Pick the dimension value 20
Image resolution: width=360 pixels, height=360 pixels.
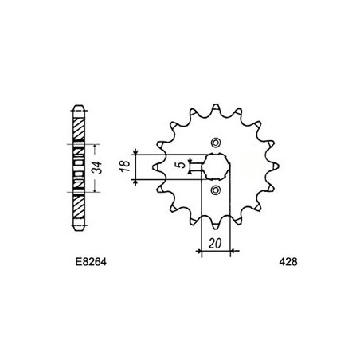214,244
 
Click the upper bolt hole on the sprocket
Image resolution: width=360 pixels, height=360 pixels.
215,141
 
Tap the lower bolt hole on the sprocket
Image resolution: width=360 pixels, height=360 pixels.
215,191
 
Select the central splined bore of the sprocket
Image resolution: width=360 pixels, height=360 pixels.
215,166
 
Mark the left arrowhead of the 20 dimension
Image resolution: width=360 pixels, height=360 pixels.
202,251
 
